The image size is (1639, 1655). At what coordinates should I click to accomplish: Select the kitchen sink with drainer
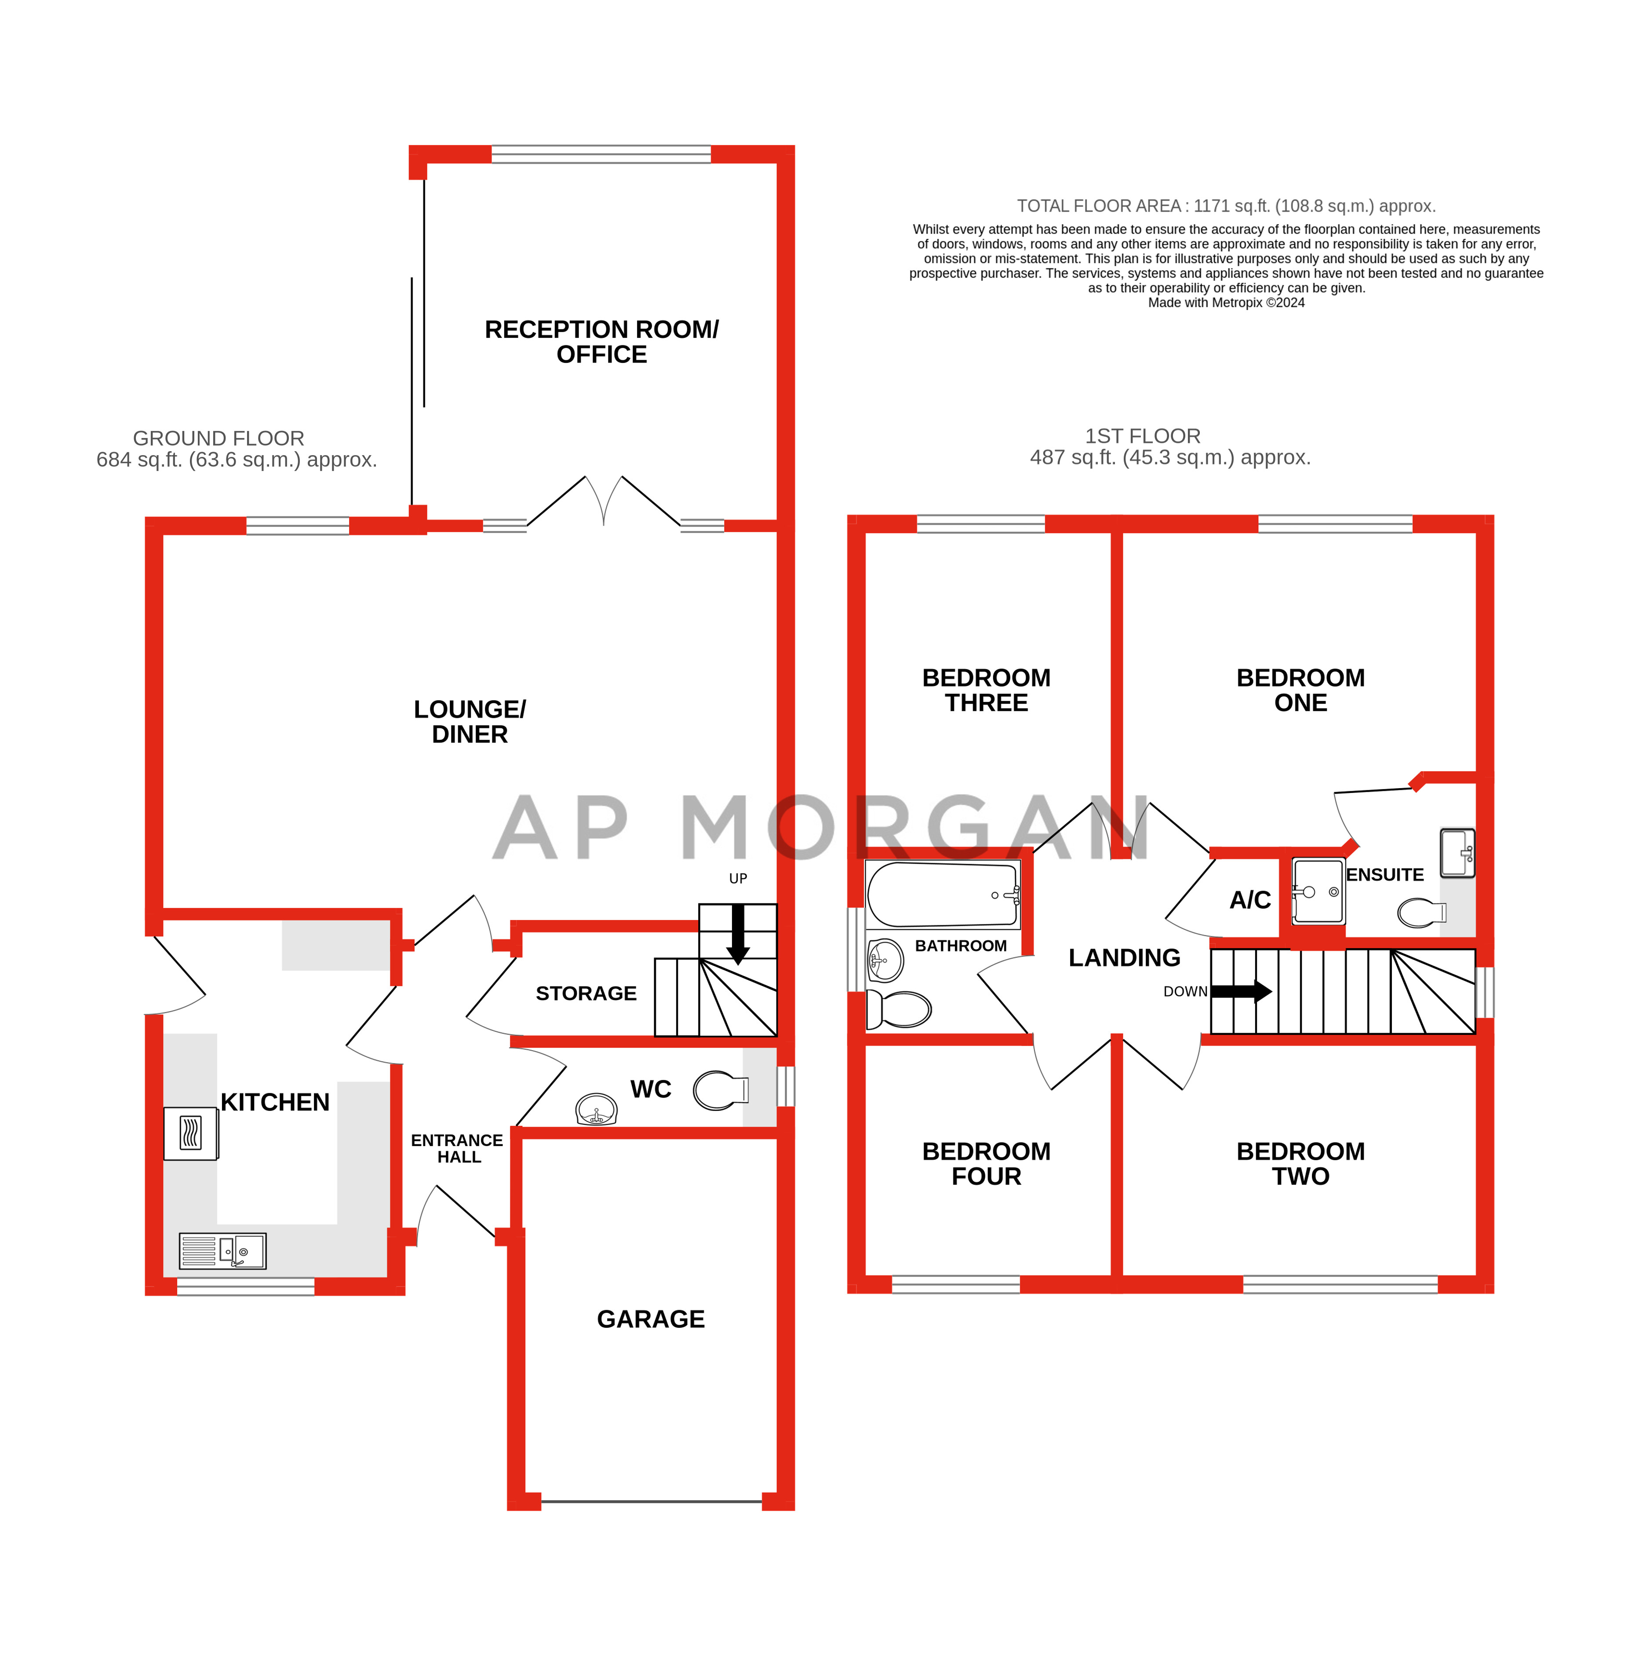click(222, 1251)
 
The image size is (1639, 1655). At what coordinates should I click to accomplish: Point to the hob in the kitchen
click(191, 1133)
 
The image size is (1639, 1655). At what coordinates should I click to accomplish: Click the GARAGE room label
click(651, 1319)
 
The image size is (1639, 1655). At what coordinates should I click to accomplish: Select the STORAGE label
click(586, 994)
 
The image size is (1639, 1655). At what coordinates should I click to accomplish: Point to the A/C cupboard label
click(1250, 900)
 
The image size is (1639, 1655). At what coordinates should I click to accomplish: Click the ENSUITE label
click(1385, 875)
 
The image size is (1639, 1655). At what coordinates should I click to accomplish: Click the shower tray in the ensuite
click(1318, 891)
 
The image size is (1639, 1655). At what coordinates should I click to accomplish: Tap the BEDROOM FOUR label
click(987, 1163)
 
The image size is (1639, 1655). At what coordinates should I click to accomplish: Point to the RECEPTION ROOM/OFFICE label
click(602, 342)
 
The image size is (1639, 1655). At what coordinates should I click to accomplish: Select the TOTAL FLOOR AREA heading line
click(1226, 205)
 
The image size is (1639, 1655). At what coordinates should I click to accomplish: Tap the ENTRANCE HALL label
click(457, 1149)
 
